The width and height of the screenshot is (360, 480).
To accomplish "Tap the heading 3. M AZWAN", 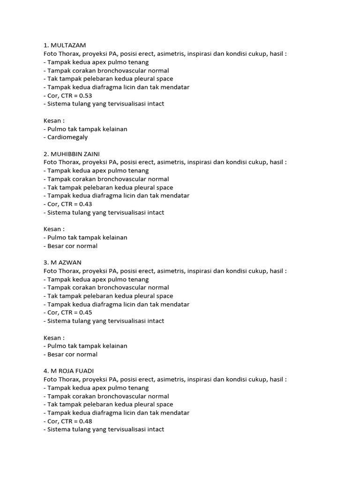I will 62,262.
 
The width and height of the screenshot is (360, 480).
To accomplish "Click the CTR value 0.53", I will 85,96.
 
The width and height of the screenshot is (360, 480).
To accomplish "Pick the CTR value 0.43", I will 85,204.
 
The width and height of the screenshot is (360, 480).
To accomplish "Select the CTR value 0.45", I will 85,313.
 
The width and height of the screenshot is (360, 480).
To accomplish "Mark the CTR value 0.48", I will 85,421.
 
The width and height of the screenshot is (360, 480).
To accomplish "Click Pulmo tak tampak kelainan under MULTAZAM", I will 87,129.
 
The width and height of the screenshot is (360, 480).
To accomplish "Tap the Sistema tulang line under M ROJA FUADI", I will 105,429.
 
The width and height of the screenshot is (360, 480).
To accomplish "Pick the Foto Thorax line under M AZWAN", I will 165,271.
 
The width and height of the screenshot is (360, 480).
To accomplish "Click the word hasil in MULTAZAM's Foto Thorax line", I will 276,54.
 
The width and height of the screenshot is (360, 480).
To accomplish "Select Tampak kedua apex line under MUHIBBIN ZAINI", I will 98,171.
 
